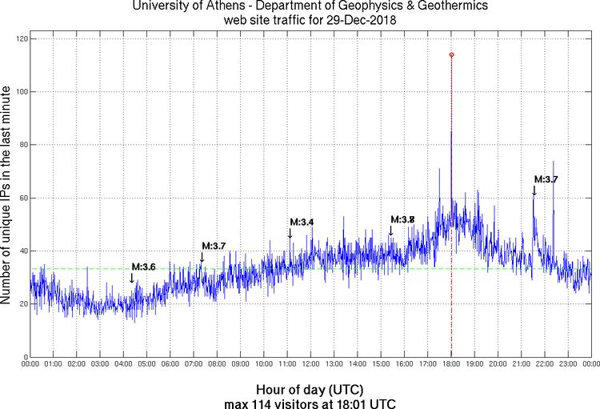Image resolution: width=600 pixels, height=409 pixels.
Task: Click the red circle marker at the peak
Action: click(451, 54)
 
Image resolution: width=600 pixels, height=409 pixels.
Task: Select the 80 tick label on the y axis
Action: click(22, 145)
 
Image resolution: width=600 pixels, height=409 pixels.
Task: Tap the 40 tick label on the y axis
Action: click(22, 251)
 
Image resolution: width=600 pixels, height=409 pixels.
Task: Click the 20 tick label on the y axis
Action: click(22, 304)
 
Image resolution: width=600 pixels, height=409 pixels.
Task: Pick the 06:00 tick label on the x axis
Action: click(170, 364)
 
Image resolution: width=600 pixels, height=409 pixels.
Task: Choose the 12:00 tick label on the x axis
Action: click(310, 364)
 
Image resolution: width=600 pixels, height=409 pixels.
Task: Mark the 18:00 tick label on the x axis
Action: click(451, 364)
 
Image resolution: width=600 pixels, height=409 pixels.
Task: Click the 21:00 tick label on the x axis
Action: click(521, 364)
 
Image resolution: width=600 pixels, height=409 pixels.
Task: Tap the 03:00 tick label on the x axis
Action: click(100, 364)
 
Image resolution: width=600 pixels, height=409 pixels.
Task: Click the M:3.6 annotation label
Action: click(143, 267)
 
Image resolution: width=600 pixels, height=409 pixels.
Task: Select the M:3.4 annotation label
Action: click(302, 222)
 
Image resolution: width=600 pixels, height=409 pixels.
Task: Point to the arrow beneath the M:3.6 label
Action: click(132, 278)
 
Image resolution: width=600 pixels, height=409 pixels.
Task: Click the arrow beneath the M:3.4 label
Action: click(290, 233)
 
